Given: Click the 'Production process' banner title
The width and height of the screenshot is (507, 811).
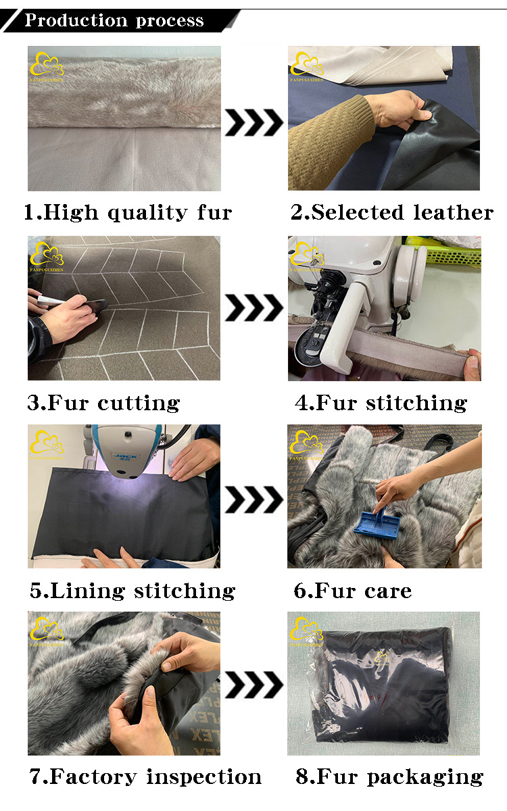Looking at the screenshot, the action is pos(114,20).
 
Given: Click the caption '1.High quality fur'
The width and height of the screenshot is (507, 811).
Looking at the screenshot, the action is pos(128,212).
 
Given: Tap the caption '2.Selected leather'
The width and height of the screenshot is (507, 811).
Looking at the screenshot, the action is pos(392,212).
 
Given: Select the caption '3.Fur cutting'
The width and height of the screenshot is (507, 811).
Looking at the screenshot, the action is pos(103,403).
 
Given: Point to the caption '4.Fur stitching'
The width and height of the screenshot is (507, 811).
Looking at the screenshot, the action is pos(381,403).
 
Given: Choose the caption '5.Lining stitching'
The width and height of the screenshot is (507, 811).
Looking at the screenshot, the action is pos(132,591).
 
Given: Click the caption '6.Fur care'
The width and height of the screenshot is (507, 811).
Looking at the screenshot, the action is pos(353,591).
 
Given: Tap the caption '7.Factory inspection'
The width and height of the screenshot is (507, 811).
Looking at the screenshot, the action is pos(145,777).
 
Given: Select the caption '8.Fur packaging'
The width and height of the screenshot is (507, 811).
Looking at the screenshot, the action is pos(389,777).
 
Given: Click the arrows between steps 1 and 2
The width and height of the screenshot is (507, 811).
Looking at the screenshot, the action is pos(254,122).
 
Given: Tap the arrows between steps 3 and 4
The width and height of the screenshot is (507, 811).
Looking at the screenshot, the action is pos(254,308).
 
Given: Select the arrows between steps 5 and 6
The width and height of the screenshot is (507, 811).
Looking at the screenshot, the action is pos(254,499).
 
